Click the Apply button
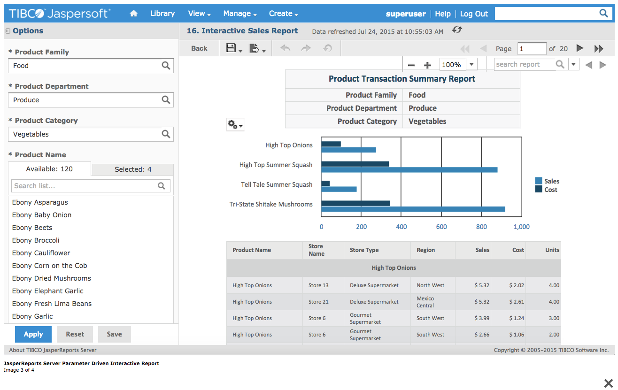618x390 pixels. [33, 334]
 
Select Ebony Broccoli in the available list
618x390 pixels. [36, 240]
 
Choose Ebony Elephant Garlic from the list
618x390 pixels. [47, 291]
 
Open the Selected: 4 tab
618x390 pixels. [133, 169]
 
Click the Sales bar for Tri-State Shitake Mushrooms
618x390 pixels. [413, 209]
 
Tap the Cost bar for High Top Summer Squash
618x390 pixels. [355, 164]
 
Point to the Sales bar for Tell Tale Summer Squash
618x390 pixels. [339, 189]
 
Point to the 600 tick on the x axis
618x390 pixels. [441, 227]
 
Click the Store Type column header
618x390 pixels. [364, 250]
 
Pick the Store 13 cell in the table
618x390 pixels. [318, 285]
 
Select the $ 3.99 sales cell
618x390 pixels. [482, 318]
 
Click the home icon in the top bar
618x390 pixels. [134, 14]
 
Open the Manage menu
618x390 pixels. [239, 14]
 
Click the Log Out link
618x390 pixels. [474, 14]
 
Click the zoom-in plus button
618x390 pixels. [427, 65]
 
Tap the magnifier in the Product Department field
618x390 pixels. [166, 100]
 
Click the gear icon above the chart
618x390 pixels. [235, 125]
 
